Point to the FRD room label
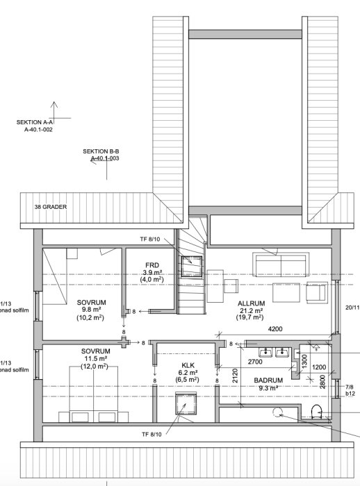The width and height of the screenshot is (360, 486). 153,265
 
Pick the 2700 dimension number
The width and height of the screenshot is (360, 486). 256,362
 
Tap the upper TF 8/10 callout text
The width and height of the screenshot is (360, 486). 151,239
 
